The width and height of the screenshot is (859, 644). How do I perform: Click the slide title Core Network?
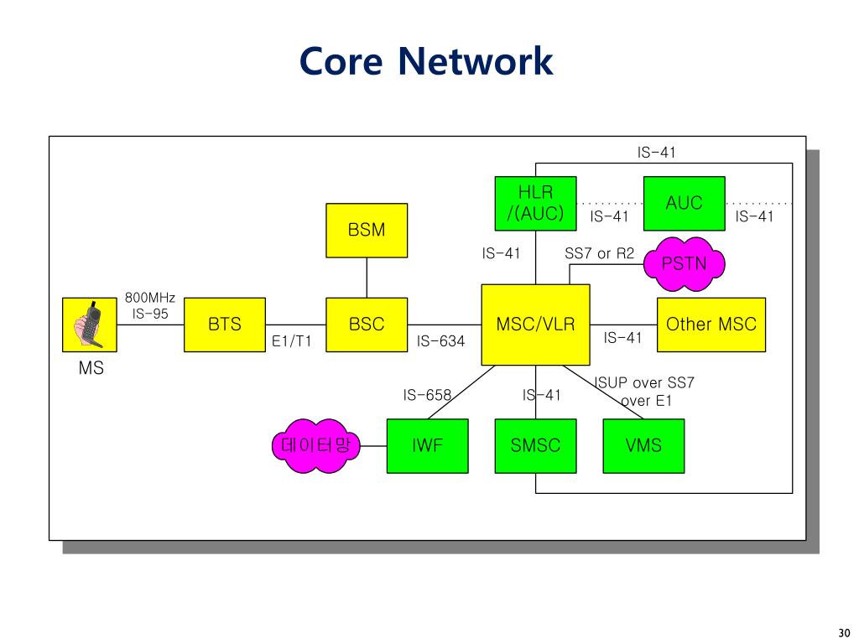[x=426, y=61]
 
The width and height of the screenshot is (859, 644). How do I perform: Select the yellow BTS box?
[x=225, y=325]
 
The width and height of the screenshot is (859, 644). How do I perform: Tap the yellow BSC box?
[x=367, y=325]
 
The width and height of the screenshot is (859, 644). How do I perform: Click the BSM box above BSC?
[x=367, y=230]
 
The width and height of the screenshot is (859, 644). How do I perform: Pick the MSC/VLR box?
[x=535, y=325]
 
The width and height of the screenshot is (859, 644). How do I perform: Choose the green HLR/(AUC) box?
[x=535, y=203]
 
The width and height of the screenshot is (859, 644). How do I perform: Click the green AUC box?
[x=684, y=203]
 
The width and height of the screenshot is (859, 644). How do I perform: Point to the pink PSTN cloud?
[x=684, y=264]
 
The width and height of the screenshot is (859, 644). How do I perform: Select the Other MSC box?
[x=711, y=325]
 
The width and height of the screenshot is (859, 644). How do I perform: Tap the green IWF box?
[x=427, y=446]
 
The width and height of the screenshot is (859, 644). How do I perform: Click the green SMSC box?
[x=535, y=446]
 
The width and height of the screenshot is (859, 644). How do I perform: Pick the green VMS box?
[x=643, y=446]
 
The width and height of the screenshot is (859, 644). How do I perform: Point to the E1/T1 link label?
[x=292, y=341]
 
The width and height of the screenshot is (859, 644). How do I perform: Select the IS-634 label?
[x=440, y=341]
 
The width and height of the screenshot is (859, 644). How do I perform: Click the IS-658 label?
[x=427, y=395]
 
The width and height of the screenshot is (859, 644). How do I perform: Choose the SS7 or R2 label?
[x=600, y=253]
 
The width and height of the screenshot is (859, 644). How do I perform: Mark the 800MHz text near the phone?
[x=150, y=298]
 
